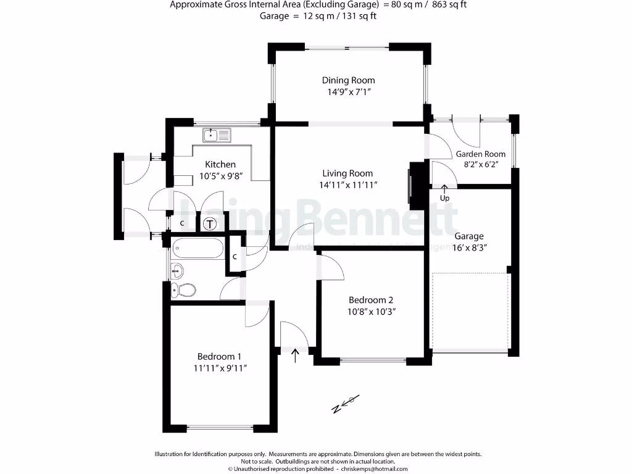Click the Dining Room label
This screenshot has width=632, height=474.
coord(348,80)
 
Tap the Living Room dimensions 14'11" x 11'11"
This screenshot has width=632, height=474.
coord(348,185)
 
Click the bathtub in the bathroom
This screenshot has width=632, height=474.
coord(197,249)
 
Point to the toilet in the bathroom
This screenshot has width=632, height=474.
coord(184,289)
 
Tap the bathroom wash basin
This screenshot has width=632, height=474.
coord(177,269)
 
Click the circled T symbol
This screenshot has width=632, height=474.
coord(209,223)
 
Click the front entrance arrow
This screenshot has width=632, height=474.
coord(296,355)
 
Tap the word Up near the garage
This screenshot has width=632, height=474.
coord(444,198)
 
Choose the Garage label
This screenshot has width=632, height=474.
coord(469,236)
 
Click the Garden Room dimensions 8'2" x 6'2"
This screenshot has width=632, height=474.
coord(480,164)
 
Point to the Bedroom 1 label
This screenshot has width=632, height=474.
coord(219,356)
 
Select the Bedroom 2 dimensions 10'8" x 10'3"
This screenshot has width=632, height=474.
coord(371,312)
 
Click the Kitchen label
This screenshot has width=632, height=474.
coord(220,164)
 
